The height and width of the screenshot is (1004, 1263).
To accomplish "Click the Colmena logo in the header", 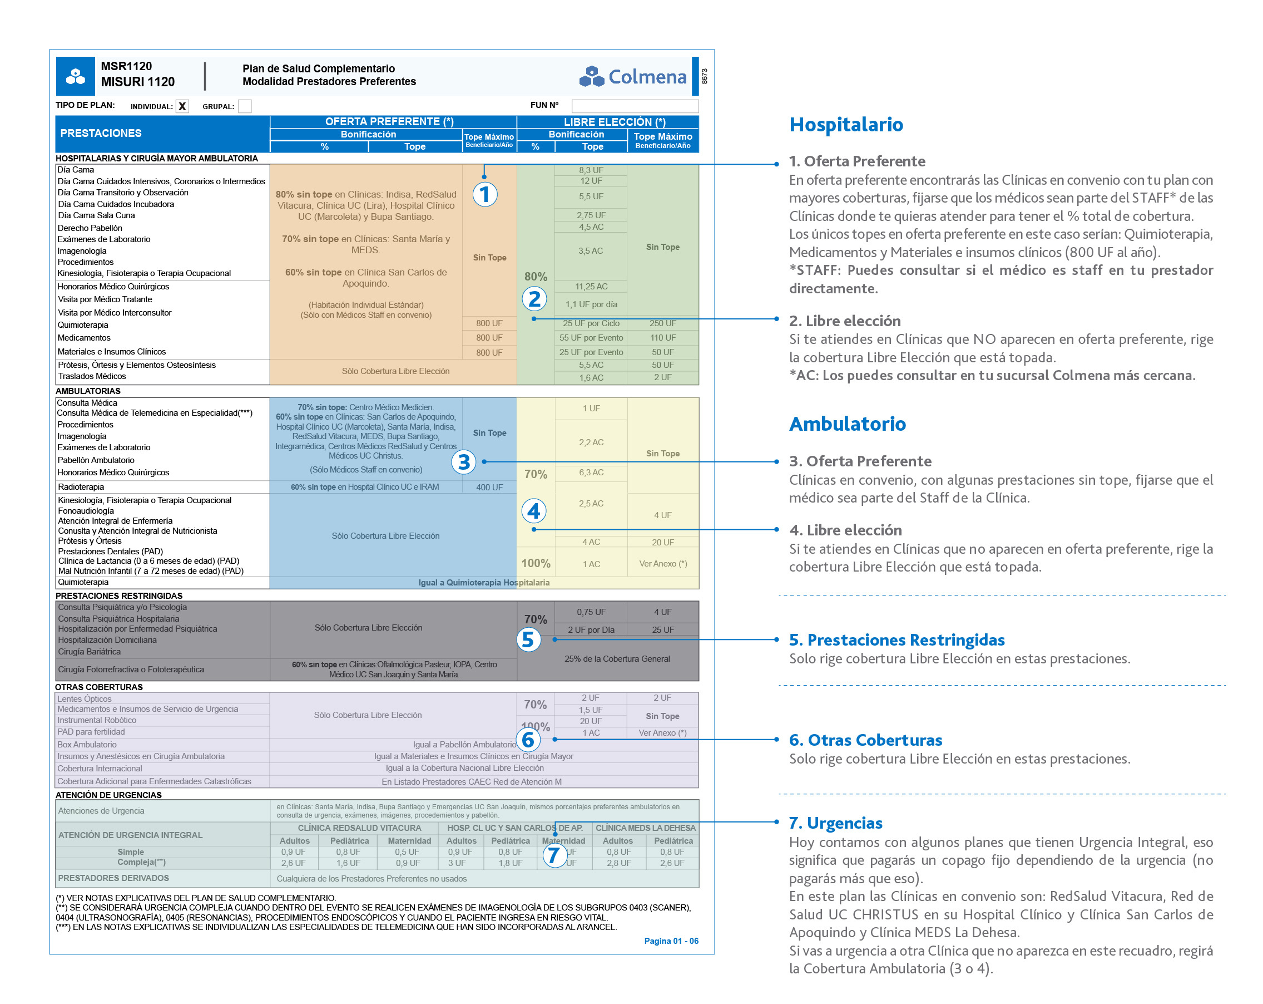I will [x=632, y=76].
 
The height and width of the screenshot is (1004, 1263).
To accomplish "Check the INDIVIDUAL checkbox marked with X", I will [x=182, y=106].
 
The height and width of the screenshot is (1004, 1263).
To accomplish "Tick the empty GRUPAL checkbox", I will [x=245, y=106].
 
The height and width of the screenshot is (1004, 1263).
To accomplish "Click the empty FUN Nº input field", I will [x=635, y=106].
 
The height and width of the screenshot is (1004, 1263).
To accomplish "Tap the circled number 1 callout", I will [x=484, y=194].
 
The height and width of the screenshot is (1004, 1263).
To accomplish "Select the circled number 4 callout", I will [x=533, y=511].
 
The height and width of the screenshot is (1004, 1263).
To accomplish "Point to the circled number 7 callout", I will [x=553, y=855].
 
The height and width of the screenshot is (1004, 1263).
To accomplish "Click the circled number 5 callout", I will [x=528, y=639].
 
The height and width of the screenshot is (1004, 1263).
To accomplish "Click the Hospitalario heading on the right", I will [x=845, y=124].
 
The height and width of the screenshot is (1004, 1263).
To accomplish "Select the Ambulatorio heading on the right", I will [x=846, y=423].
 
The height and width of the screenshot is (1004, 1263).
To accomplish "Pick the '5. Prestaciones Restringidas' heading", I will [x=897, y=639].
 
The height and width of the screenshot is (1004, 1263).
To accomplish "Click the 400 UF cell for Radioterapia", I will [x=489, y=487].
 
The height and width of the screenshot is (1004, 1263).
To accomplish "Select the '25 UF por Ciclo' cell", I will [x=591, y=323].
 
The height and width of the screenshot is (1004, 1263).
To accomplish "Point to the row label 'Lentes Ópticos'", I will [x=85, y=698].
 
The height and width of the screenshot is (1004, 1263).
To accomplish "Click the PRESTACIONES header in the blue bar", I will [x=101, y=133].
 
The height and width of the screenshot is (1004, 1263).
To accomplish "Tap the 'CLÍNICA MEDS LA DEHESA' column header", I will [x=645, y=828].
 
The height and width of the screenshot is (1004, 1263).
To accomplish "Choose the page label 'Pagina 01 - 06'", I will [x=671, y=941].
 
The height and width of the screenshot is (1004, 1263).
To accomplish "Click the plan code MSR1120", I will [x=126, y=66].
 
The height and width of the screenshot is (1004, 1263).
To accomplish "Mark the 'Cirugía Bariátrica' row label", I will [x=89, y=651].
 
